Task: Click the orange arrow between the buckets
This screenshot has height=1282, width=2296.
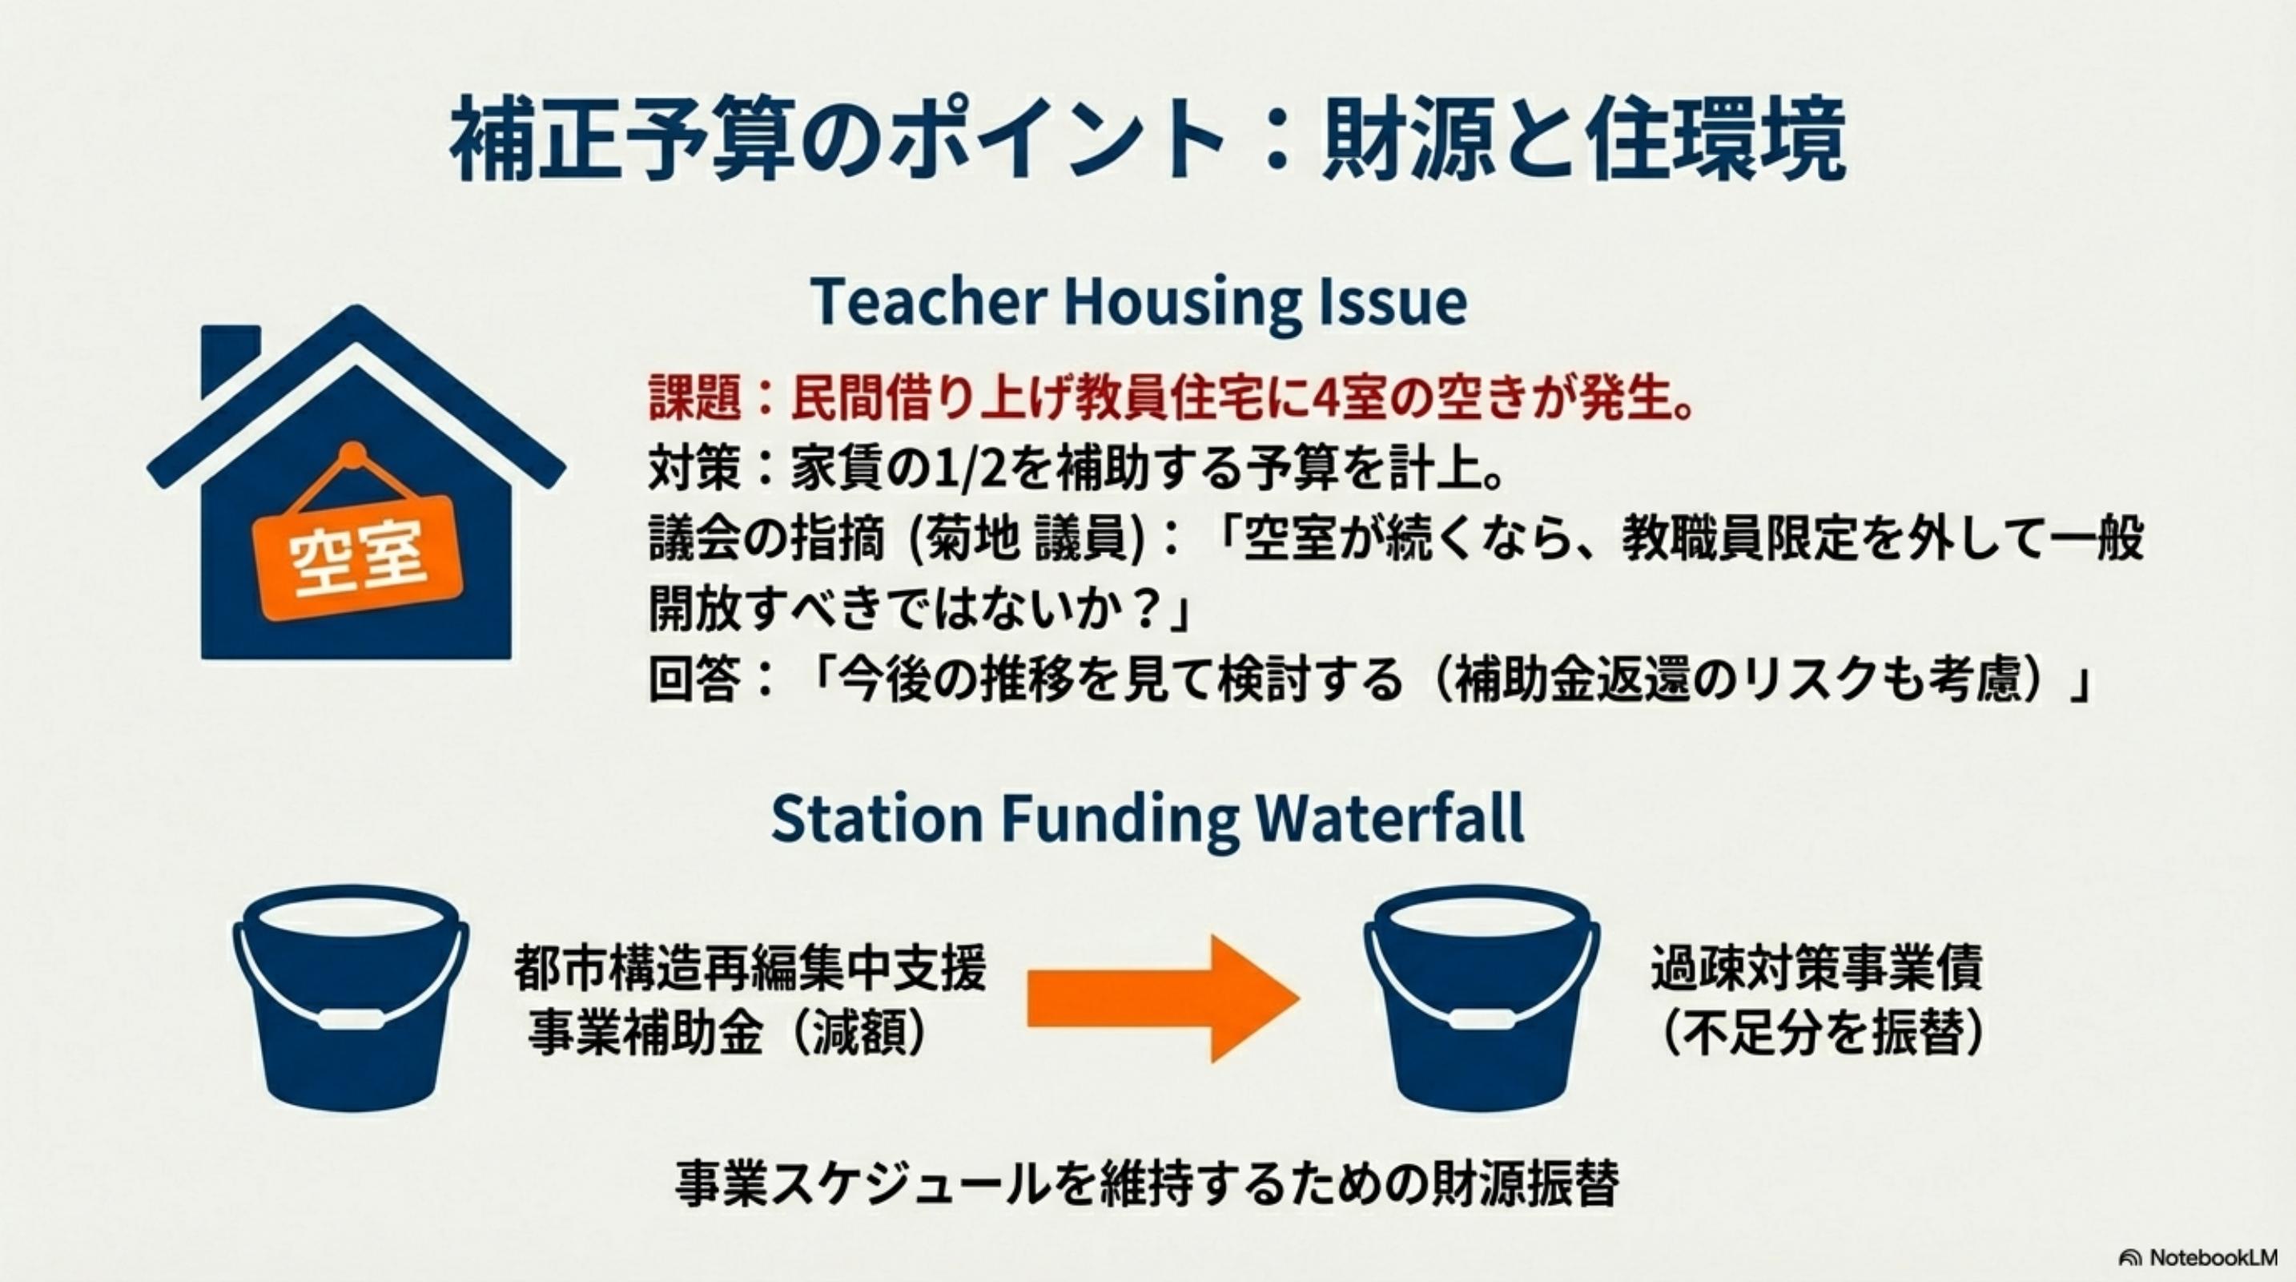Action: (x=1163, y=998)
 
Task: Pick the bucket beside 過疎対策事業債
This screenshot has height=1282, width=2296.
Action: (x=1482, y=998)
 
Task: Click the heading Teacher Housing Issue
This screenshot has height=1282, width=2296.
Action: (x=1138, y=302)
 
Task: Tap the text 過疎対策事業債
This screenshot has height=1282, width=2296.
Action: (x=1816, y=968)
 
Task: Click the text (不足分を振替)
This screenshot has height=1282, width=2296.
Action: (x=1818, y=1034)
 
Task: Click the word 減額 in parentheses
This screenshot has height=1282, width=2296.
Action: (x=859, y=1034)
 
